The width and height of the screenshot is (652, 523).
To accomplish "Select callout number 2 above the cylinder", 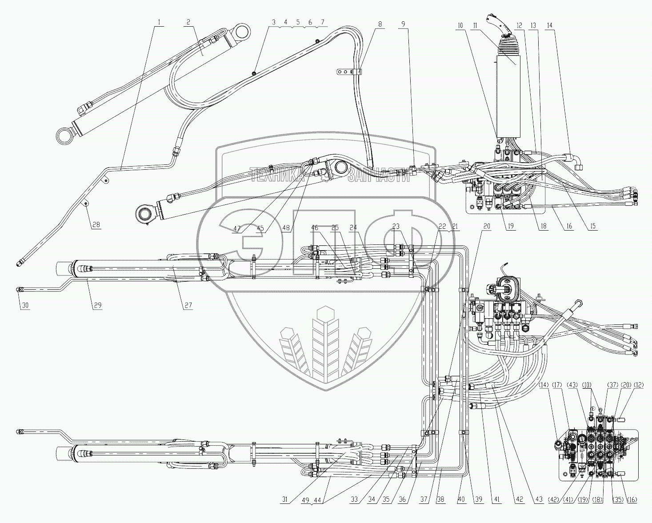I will click(189, 22).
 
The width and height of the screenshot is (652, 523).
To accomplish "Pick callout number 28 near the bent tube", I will click(96, 225).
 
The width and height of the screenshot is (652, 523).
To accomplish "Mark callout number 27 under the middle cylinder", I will click(188, 306).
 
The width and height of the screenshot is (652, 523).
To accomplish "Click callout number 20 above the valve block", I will click(486, 226).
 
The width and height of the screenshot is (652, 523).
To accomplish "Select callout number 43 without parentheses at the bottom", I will click(539, 499).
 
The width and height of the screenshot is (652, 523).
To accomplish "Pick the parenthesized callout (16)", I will click(632, 500).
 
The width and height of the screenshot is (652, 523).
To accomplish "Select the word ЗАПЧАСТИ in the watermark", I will click(379, 176).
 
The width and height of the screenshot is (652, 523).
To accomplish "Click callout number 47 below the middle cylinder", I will click(237, 229).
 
